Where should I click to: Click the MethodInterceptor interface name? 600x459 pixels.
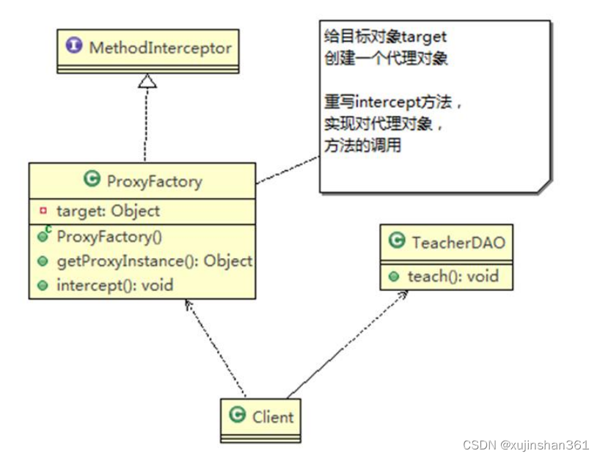click(160, 48)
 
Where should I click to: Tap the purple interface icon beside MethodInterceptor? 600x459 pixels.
click(75, 47)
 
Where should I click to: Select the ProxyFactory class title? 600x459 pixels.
click(154, 180)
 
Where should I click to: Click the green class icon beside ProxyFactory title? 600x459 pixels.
click(92, 180)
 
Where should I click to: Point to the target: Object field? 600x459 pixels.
click(108, 211)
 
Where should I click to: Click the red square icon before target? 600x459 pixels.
click(43, 212)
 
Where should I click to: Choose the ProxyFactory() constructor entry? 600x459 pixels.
click(109, 236)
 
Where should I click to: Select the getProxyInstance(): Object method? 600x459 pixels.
click(154, 260)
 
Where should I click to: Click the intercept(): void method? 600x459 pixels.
click(114, 284)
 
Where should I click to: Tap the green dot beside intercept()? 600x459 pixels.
click(43, 285)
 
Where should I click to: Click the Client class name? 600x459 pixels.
click(273, 417)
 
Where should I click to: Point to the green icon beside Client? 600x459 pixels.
click(237, 416)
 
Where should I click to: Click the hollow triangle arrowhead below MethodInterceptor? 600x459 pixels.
click(148, 82)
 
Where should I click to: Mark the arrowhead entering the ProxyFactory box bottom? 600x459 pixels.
click(189, 305)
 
